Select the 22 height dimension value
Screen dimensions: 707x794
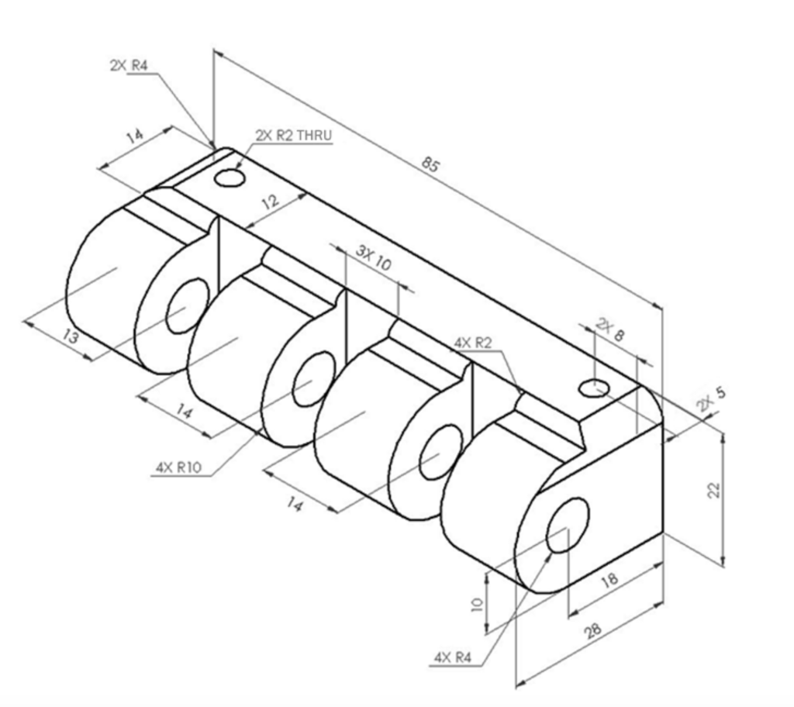[714, 489]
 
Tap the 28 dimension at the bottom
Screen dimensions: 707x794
[593, 629]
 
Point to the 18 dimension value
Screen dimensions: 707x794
[610, 579]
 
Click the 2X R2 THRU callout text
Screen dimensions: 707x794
[293, 136]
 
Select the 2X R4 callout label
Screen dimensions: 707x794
[129, 65]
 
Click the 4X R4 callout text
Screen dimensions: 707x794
[453, 657]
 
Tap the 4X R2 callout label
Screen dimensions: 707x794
[473, 343]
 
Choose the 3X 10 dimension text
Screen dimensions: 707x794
[374, 259]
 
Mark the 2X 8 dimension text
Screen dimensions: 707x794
[610, 329]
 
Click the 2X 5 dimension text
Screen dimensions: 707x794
[711, 399]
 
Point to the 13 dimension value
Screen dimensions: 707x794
[71, 338]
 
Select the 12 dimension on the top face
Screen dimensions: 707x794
[269, 202]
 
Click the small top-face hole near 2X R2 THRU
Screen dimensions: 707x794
[230, 178]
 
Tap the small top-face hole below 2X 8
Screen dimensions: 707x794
[594, 388]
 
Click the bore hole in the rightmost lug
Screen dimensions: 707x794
[567, 526]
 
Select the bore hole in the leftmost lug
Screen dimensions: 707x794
[188, 305]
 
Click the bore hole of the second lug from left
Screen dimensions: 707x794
[313, 378]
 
